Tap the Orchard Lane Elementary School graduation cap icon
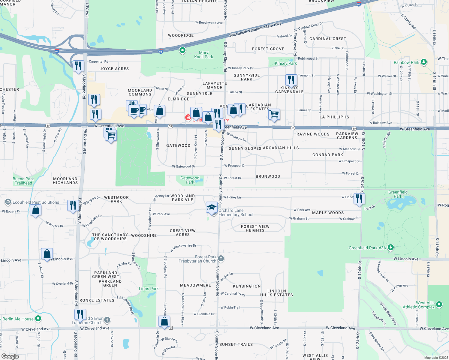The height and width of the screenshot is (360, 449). pyautogui.click(x=212, y=207)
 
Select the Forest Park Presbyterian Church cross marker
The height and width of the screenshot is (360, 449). pyautogui.click(x=221, y=258)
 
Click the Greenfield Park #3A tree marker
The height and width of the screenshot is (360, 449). pyautogui.click(x=390, y=247)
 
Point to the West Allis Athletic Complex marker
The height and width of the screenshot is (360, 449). pyautogui.click(x=439, y=304)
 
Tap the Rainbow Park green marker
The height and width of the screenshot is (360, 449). pyautogui.click(x=423, y=62)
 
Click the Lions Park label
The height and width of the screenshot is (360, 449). pyautogui.click(x=149, y=289)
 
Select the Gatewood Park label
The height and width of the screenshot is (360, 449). pyautogui.click(x=190, y=180)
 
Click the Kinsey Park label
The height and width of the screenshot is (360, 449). pyautogui.click(x=286, y=63)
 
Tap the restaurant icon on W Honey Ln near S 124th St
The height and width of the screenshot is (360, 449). pyautogui.click(x=359, y=199)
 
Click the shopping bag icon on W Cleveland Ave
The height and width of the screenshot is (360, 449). pyautogui.click(x=164, y=321)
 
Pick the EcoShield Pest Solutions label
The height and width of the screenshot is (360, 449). pyautogui.click(x=36, y=202)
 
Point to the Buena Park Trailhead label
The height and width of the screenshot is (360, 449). pyautogui.click(x=23, y=181)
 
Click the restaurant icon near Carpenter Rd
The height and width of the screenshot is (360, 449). pyautogui.click(x=78, y=66)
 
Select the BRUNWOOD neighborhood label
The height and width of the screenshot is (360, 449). pyautogui.click(x=268, y=176)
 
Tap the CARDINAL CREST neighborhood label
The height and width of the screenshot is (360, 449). pyautogui.click(x=328, y=39)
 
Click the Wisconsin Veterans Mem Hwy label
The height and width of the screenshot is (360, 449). pyautogui.click(x=255, y=30)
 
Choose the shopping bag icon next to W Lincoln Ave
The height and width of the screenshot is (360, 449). pyautogui.click(x=47, y=254)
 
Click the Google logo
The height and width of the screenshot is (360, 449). pyautogui.click(x=10, y=356)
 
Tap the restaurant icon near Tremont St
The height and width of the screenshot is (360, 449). pyautogui.click(x=291, y=80)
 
